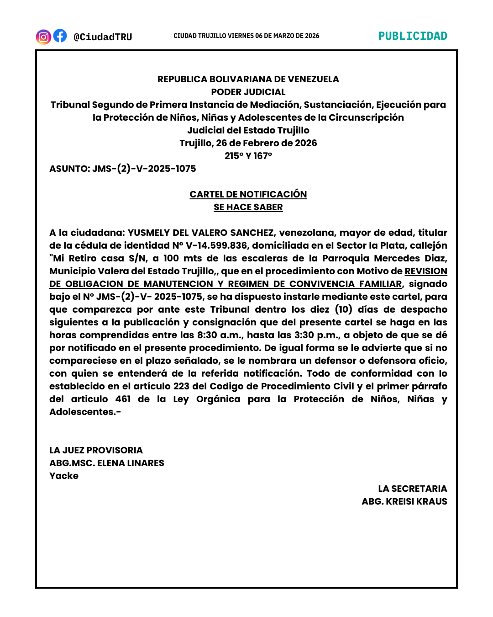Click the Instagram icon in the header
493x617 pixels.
pos(43,37)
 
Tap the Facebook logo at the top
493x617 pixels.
pos(60,36)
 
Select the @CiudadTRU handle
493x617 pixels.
pos(103,37)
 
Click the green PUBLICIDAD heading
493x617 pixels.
pos(413,36)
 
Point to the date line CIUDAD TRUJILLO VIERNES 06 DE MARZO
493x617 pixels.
pos(246,36)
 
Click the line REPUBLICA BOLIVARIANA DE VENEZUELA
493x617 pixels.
pos(248,79)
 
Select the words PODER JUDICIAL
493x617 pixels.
pos(248,92)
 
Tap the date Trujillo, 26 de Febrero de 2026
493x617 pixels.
pos(248,143)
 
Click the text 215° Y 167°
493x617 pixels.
pos(248,156)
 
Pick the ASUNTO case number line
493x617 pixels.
pos(122,169)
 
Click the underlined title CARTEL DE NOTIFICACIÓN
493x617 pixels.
pos(248,194)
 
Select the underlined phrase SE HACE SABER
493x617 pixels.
pos(248,207)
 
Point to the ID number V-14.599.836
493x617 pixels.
pos(216,245)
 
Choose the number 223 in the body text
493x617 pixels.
pos(181,386)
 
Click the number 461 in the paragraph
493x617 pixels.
pos(123,399)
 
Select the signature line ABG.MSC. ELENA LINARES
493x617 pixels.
pos(107,463)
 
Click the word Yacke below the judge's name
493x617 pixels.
pos(64,476)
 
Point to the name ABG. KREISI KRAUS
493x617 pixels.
pos(404,501)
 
